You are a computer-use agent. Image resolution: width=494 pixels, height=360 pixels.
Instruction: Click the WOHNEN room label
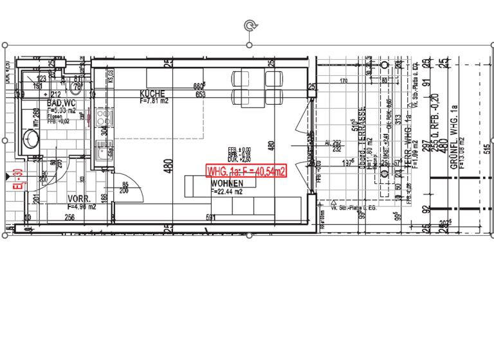point(226,184)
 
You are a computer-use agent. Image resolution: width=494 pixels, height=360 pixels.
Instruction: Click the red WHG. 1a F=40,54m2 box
point(246,171)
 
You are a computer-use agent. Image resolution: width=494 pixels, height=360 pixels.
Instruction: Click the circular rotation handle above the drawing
point(250,25)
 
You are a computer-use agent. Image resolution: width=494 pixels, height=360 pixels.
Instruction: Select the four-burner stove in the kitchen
point(102,118)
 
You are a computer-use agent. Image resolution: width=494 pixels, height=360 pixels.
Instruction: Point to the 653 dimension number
point(200,94)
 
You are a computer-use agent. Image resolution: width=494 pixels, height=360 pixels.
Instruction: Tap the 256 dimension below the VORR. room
point(69,218)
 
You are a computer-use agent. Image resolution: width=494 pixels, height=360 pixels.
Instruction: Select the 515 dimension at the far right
point(486,148)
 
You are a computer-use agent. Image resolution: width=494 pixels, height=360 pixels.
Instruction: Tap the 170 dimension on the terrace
point(343,81)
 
